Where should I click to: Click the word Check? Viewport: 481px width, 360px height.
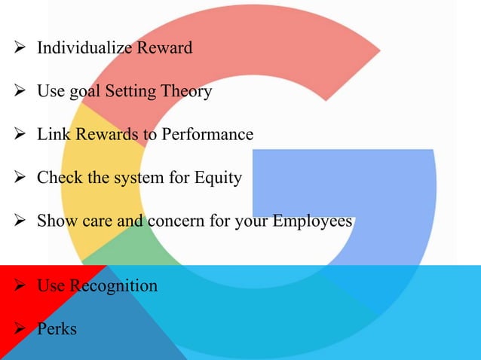(57, 178)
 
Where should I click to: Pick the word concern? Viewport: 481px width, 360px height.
(164, 223)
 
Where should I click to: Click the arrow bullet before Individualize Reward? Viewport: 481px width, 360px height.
(20, 49)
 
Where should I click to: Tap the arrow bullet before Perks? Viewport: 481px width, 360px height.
(20, 329)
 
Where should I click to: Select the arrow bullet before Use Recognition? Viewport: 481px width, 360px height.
(20, 286)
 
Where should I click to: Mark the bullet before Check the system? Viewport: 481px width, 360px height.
(20, 179)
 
